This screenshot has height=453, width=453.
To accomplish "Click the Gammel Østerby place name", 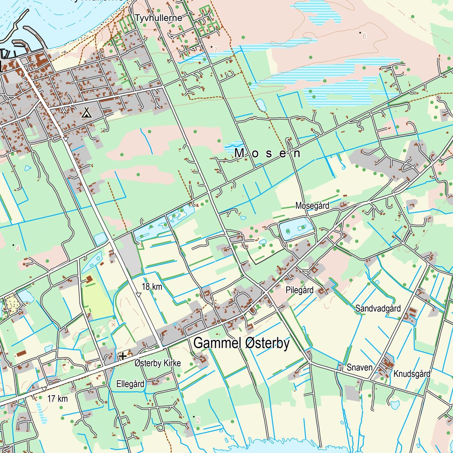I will coord(241,344).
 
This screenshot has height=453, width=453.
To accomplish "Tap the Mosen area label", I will coord(268,154).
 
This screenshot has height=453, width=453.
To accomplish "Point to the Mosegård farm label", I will coord(312,206).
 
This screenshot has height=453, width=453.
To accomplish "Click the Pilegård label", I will coord(299,290).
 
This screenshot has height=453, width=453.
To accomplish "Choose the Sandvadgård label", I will coord(378,309).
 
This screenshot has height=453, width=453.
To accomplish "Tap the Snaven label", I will coord(359,367).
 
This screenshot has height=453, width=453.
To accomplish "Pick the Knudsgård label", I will coord(412,374).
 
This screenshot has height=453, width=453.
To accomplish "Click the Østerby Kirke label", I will coord(157,363).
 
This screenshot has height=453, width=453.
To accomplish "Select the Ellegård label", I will coord(131,384).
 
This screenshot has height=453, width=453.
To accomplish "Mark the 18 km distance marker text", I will coord(152,286).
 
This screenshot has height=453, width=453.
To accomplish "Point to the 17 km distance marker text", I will coord(58,399).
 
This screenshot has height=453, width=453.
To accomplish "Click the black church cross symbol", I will coord(123,355).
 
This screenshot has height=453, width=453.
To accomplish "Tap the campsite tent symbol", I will coord(87,113).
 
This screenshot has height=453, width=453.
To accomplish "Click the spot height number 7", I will coord(215,50).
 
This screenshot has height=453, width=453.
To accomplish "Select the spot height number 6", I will coord(364,36).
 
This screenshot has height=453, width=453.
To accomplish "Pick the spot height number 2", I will coord(198,420).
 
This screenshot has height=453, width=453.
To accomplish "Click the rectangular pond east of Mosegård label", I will coord(296,228).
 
